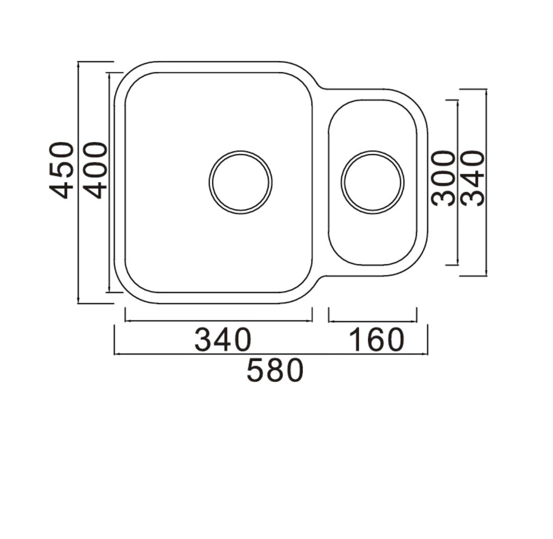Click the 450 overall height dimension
[x=61, y=170]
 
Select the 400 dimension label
[x=95, y=170]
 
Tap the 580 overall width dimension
[x=275, y=371]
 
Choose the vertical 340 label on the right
[x=474, y=178]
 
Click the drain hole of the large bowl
[x=240, y=182]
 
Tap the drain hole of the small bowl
[x=372, y=182]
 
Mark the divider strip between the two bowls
[x=320, y=183]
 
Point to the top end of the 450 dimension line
[x=79, y=62]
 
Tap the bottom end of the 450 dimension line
[x=79, y=303]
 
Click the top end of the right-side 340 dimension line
[x=486, y=90]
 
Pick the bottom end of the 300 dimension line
[x=457, y=265]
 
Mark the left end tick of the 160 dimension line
[x=329, y=315]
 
